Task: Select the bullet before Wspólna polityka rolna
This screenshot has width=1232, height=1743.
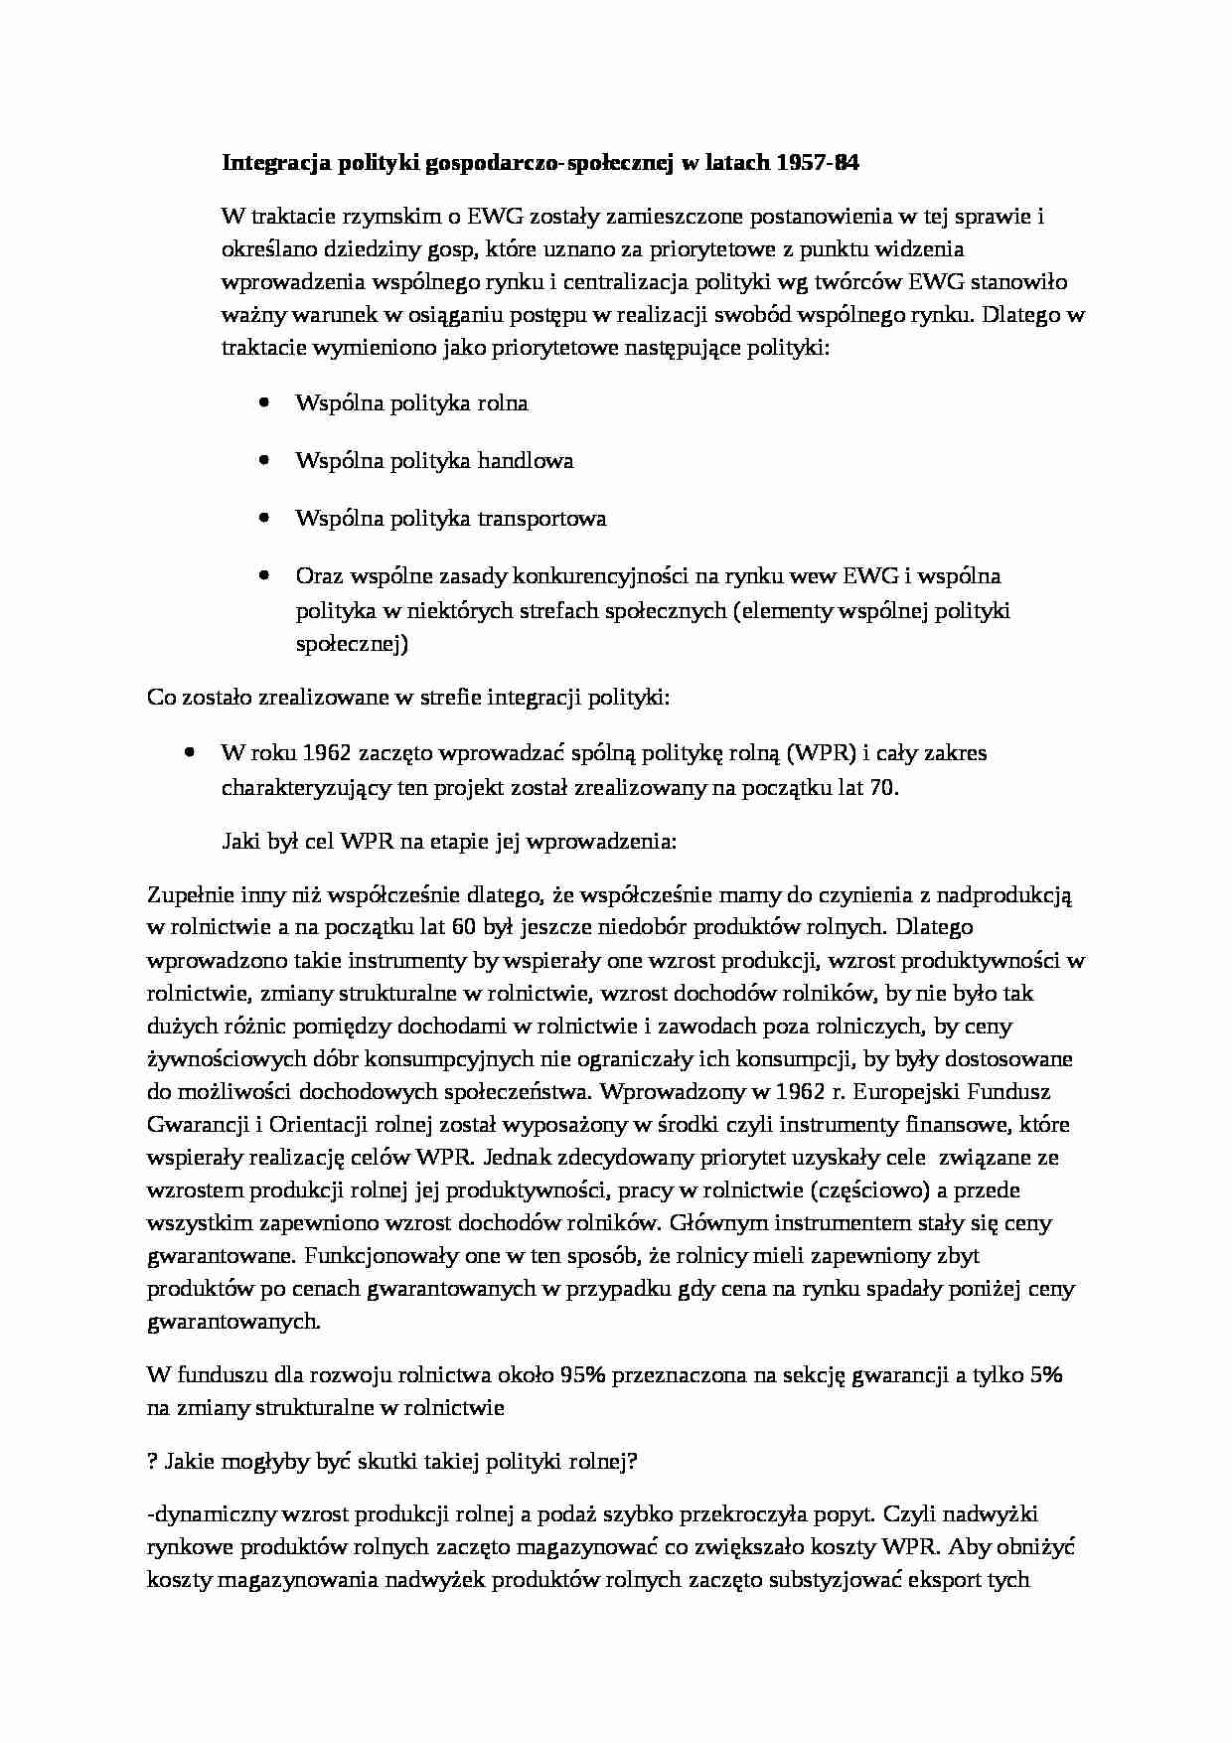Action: [x=263, y=402]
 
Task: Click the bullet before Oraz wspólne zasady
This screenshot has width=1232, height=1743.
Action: [x=263, y=575]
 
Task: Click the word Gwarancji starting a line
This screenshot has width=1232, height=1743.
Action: [x=192, y=1125]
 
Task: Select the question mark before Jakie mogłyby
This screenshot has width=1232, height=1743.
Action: [x=152, y=1461]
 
